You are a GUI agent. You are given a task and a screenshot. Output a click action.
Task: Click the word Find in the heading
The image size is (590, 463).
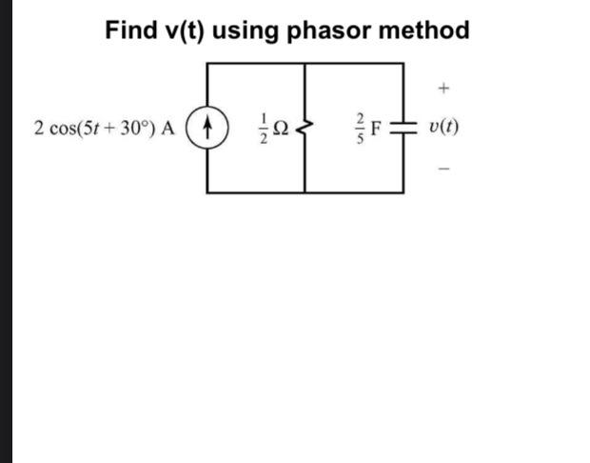pyautogui.click(x=130, y=30)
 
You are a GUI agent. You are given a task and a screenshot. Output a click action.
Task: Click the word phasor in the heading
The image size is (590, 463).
pyautogui.click(x=329, y=30)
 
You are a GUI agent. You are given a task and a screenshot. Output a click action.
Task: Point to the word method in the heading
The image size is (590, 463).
pyautogui.click(x=424, y=30)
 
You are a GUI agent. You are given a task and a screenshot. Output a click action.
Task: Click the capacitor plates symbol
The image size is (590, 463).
pyautogui.click(x=403, y=128)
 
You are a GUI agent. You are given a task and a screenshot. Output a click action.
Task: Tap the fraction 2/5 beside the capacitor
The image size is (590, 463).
pyautogui.click(x=361, y=128)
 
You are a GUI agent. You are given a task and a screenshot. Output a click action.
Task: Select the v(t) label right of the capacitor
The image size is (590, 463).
pyautogui.click(x=443, y=128)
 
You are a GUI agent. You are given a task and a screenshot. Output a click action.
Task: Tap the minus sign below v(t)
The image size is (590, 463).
pyautogui.click(x=443, y=169)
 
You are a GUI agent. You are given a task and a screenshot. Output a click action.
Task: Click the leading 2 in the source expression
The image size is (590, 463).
pyautogui.click(x=37, y=128)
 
